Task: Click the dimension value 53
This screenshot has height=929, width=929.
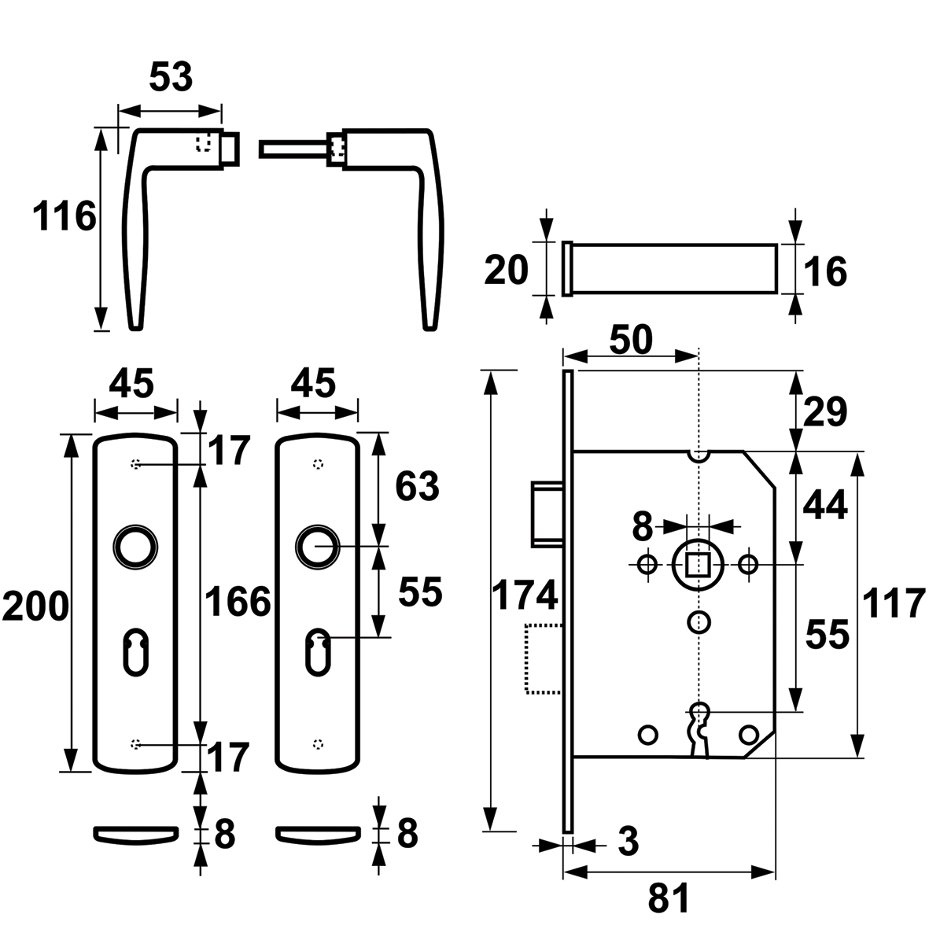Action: [171, 77]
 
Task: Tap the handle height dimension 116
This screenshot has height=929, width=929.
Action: [64, 216]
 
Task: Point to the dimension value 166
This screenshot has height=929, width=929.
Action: [237, 602]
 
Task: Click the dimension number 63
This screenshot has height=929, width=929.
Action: [417, 486]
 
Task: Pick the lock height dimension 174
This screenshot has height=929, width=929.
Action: [525, 595]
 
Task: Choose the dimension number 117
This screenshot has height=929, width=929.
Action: [893, 603]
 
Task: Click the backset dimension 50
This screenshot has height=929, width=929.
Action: [631, 340]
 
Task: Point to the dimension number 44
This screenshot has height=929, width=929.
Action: [825, 507]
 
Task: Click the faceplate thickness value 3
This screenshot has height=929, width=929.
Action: [628, 842]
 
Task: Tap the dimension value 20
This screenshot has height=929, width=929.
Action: [506, 270]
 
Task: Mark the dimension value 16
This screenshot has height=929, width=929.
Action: [824, 272]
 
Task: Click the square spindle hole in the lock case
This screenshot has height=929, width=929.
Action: [699, 564]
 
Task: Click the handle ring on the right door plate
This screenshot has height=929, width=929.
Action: [317, 546]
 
